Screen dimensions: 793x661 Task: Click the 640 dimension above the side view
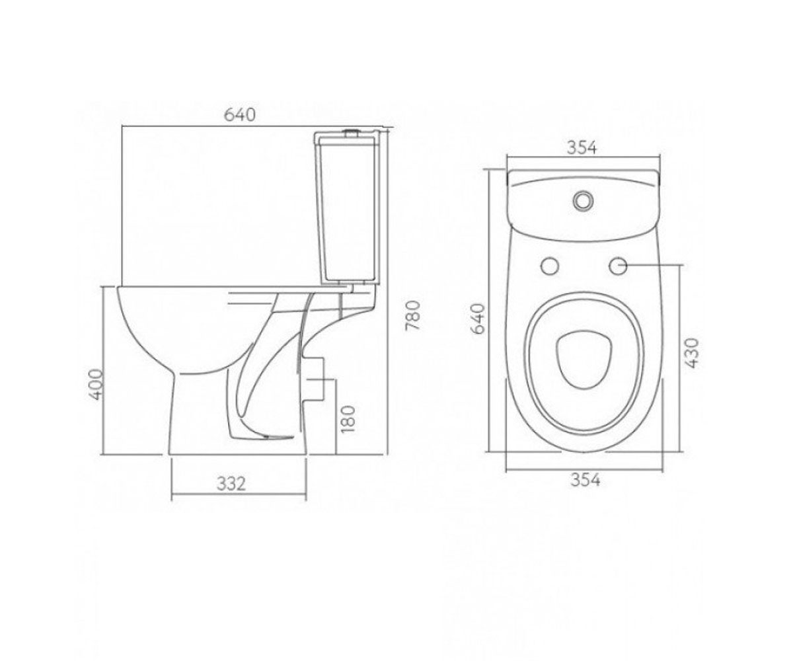click(239, 115)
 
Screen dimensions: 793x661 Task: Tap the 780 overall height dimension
click(413, 316)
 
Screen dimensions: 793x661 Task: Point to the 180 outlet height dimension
click(348, 419)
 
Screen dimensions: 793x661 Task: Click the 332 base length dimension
click(231, 484)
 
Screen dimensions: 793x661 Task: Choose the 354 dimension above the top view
click(582, 148)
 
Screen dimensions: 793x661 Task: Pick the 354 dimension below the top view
click(585, 480)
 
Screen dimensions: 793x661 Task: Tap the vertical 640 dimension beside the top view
click(478, 319)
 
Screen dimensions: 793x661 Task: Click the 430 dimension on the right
click(692, 353)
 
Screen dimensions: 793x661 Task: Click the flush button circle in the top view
click(582, 200)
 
